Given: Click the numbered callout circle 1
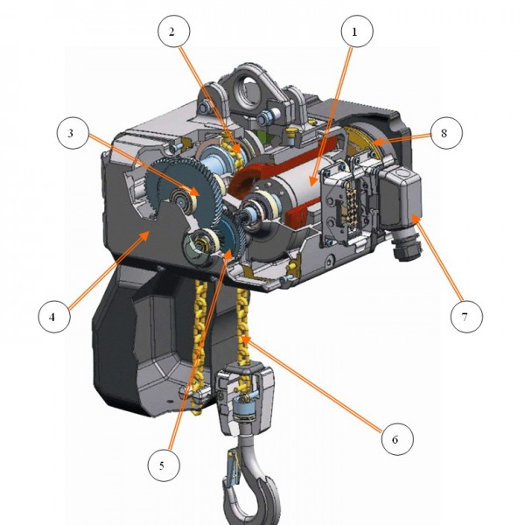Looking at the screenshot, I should pyautogui.click(x=354, y=31).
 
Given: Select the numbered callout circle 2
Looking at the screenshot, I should pyautogui.click(x=173, y=31).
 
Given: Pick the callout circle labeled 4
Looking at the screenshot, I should pyautogui.click(x=52, y=316).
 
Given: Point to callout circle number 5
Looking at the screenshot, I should pyautogui.click(x=162, y=466).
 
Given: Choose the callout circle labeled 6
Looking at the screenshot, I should pyautogui.click(x=395, y=438).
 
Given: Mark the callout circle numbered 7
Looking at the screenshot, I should pyautogui.click(x=465, y=315).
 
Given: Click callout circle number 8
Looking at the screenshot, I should pyautogui.click(x=444, y=134).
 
